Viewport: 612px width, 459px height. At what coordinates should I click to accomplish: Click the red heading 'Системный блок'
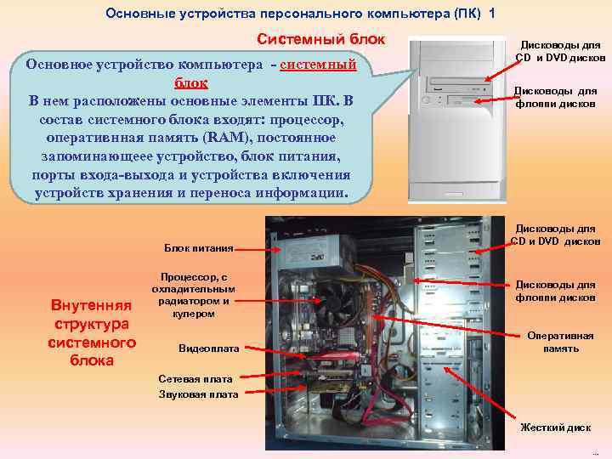pyautogui.click(x=321, y=39)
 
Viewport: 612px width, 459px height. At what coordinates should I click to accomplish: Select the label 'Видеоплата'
pyautogui.click(x=208, y=348)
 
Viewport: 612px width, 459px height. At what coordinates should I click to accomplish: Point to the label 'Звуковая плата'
pyautogui.click(x=198, y=394)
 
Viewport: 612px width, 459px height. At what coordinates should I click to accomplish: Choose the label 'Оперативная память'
pyautogui.click(x=560, y=342)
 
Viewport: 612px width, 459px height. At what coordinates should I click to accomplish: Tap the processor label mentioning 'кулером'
pyautogui.click(x=194, y=295)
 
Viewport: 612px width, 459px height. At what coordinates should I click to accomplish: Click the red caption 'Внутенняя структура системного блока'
pyautogui.click(x=91, y=331)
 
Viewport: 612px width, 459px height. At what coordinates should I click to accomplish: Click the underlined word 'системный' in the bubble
pyautogui.click(x=316, y=64)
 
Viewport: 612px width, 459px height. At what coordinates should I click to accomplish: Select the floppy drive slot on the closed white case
pyautogui.click(x=459, y=104)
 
